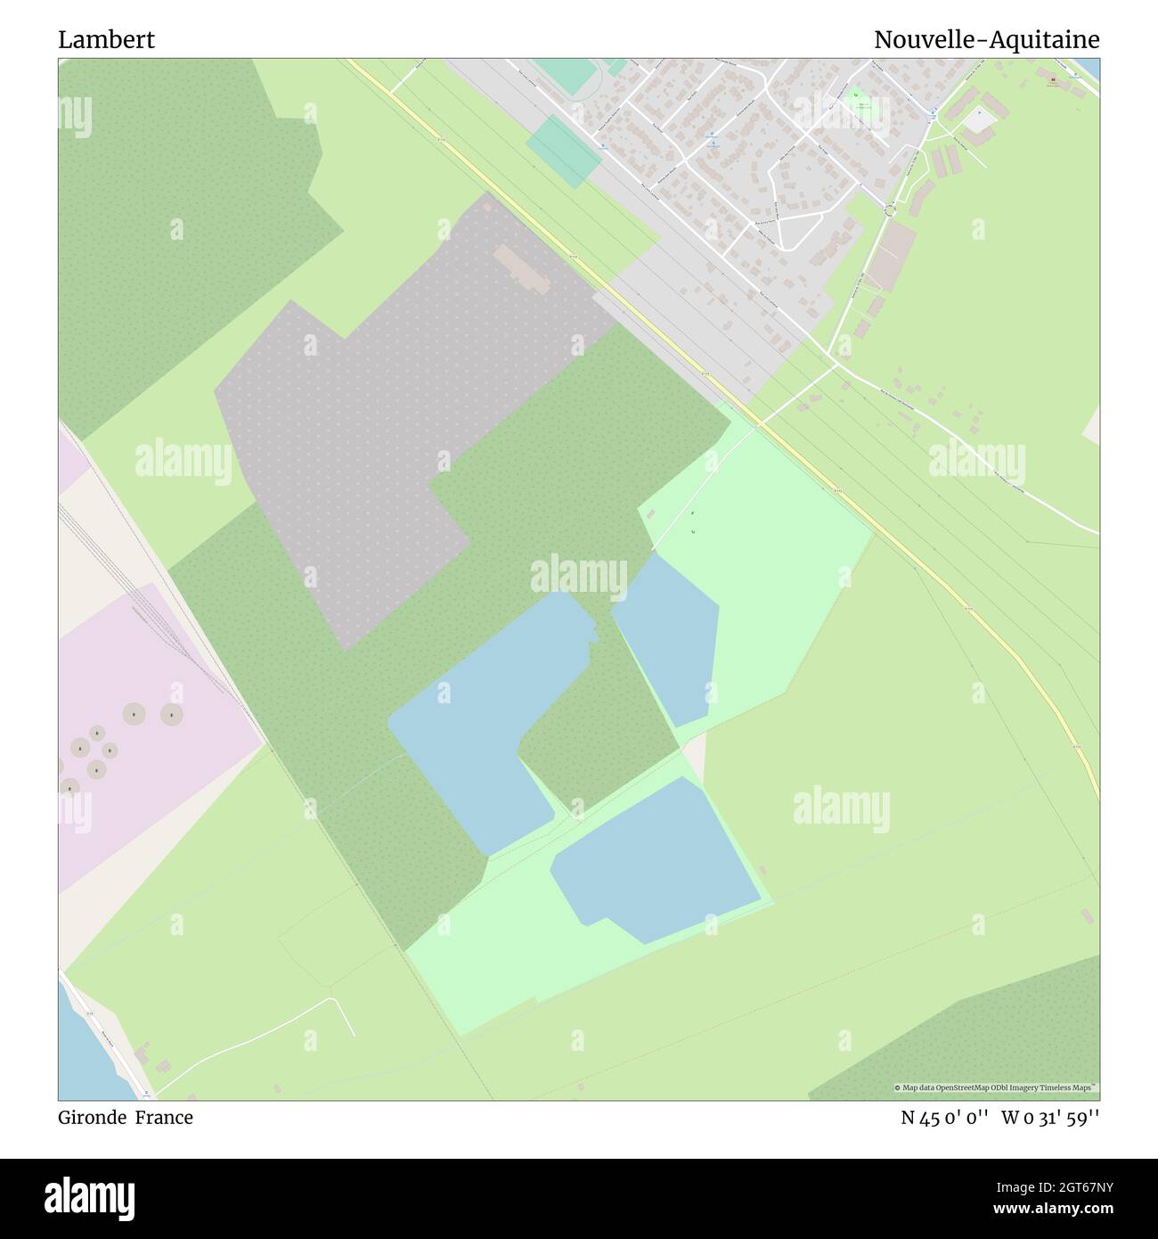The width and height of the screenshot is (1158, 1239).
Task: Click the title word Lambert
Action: pos(106,40)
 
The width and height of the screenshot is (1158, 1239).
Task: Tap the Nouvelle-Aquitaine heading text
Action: pos(986,40)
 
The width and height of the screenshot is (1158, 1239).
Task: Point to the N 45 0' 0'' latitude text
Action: pos(944,1118)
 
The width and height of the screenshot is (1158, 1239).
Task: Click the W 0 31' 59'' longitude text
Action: pos(1050,1118)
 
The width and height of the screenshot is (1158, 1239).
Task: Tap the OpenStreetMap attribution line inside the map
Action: pos(995,1087)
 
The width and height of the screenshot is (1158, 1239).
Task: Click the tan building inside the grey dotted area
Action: pos(521,267)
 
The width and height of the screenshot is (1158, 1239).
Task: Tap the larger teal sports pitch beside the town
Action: pos(564,151)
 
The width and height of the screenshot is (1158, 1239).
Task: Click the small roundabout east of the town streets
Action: pos(890,209)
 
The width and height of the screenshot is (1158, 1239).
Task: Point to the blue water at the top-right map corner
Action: pos(1092,67)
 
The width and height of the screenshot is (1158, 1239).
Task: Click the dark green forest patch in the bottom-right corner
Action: pos(980,1043)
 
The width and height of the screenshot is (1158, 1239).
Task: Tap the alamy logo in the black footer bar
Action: pos(89,1197)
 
